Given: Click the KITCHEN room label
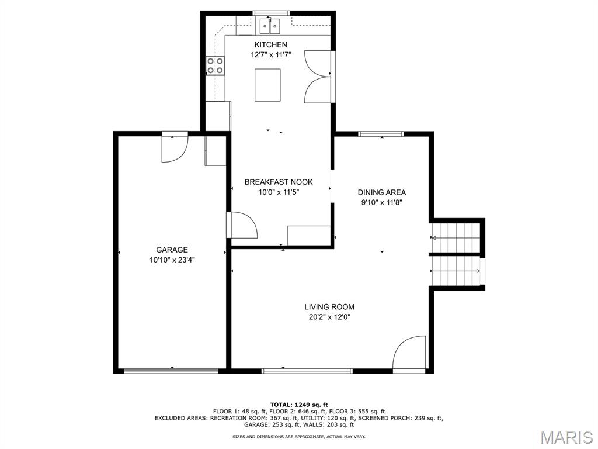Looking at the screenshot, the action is tap(271, 44).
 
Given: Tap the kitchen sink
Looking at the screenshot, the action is tap(270, 26).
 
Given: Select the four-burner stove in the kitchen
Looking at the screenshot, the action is tap(215, 65).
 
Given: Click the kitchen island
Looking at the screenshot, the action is tap(267, 85).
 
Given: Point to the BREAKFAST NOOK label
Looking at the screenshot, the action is tap(279, 182).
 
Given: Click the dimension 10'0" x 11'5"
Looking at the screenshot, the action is tap(279, 192).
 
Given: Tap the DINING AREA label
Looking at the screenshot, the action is tap(382, 192).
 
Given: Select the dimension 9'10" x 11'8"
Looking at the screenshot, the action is tap(382, 203).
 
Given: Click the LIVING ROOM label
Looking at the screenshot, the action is tap(329, 306).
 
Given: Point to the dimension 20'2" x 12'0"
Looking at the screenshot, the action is tap(329, 317).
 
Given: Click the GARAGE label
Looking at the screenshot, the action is tap(172, 250).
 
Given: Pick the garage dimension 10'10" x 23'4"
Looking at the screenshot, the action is tap(172, 260).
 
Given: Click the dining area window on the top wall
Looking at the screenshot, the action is tap(381, 134).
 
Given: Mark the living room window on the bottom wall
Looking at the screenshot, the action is tap(307, 371).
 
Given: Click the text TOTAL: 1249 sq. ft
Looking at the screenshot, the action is tap(299, 405).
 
